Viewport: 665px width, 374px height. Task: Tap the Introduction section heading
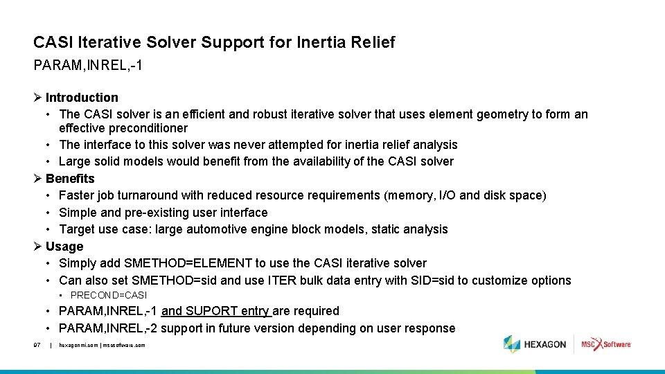[x=82, y=98]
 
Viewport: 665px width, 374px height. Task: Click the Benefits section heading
[x=70, y=179]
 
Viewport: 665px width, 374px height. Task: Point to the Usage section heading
[x=64, y=247]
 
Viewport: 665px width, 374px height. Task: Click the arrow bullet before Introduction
[x=38, y=98]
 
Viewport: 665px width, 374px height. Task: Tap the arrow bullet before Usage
[x=38, y=247]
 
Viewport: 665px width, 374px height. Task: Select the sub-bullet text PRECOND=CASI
[x=114, y=296]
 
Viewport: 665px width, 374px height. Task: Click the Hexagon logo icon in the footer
[x=511, y=344]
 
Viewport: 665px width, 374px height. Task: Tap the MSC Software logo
[x=605, y=344]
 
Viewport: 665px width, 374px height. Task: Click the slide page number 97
[x=37, y=345]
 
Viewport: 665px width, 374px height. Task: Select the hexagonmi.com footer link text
[x=78, y=345]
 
